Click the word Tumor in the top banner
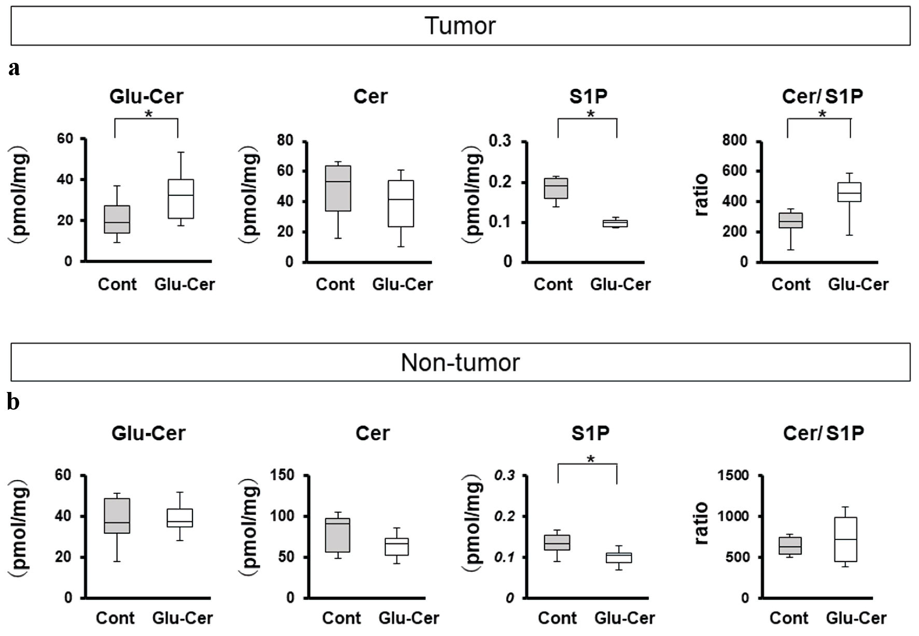[x=460, y=26]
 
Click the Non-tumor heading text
[x=460, y=362]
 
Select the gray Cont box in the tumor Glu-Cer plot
[x=117, y=219]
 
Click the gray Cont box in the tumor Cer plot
[x=338, y=188]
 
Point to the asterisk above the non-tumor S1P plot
[x=590, y=459]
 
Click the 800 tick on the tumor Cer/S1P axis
[x=736, y=141]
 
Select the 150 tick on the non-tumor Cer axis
[x=284, y=476]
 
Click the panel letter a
[x=15, y=68]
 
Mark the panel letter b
[x=13, y=402]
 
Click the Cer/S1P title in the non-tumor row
[x=823, y=434]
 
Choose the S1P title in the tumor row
[x=590, y=96]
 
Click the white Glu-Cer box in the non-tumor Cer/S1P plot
[x=845, y=539]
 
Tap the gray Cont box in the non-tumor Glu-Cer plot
[x=117, y=516]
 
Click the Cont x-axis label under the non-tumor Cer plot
[x=342, y=618]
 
